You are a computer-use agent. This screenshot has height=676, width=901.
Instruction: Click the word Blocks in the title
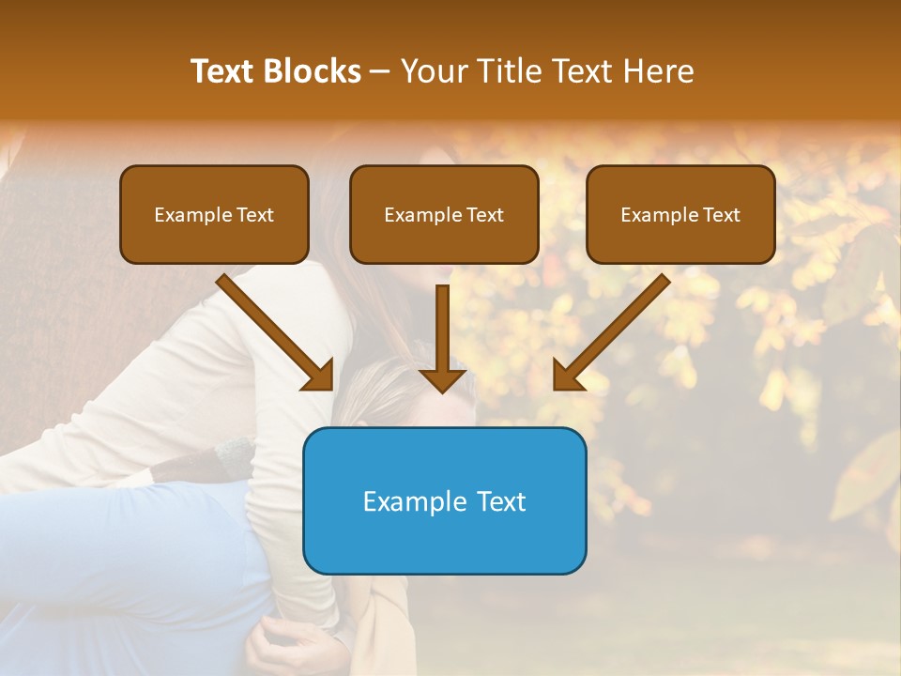tap(313, 71)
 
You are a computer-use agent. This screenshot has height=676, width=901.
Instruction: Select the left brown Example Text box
tap(214, 215)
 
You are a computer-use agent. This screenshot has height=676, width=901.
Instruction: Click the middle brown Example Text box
tap(444, 215)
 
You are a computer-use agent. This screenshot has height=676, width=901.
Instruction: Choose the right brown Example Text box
tap(680, 215)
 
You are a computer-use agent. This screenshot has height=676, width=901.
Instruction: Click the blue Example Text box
tap(444, 500)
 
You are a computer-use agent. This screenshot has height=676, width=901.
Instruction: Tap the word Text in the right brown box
tap(721, 215)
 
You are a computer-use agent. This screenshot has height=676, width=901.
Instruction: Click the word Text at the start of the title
tap(223, 71)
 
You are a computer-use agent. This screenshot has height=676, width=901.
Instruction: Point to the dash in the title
tap(380, 72)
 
